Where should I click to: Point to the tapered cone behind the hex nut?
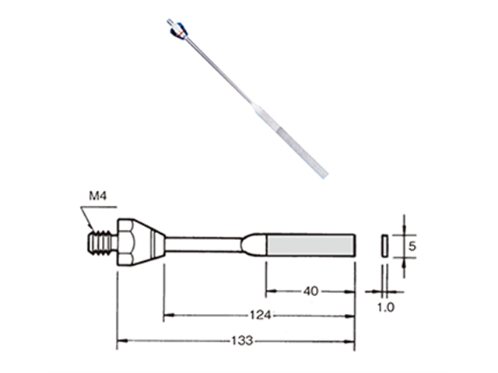153,243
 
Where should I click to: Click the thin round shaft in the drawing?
202,244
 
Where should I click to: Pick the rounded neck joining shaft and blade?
254,244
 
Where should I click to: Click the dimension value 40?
310,292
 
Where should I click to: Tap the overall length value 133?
236,340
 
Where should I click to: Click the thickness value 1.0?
384,307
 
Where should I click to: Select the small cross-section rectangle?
384,244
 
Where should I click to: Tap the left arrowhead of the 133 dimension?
121,340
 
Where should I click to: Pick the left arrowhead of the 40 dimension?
270,292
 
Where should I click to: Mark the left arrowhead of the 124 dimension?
167,315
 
